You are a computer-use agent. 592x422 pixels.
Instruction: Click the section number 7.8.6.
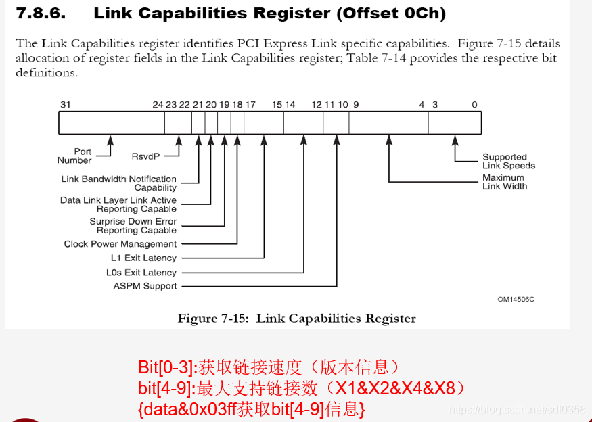(40, 13)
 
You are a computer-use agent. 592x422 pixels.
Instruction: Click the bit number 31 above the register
(65, 104)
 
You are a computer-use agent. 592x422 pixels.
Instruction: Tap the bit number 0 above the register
(474, 104)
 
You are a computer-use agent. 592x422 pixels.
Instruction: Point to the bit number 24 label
(158, 104)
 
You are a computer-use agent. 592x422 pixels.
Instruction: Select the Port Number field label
(74, 156)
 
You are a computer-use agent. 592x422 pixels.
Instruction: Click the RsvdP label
(145, 156)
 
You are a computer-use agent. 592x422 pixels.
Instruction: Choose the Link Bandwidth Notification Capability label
(119, 183)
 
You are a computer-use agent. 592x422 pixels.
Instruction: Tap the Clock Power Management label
(120, 244)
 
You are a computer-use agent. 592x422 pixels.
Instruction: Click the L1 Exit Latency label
(143, 258)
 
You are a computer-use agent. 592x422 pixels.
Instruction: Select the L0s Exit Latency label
(141, 273)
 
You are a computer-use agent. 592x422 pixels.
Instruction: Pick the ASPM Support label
(145, 286)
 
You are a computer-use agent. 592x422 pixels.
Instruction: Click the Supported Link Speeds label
(508, 161)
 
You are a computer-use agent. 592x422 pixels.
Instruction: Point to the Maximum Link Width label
(505, 182)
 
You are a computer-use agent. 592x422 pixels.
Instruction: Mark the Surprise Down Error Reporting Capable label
(133, 226)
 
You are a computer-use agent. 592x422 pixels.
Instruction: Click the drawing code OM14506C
(516, 299)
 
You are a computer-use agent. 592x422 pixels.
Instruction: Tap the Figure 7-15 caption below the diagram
(296, 319)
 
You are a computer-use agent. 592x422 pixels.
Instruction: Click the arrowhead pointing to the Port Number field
(110, 140)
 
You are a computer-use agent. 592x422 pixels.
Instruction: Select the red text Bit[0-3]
(166, 368)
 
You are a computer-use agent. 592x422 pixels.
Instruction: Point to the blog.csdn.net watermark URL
(518, 410)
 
